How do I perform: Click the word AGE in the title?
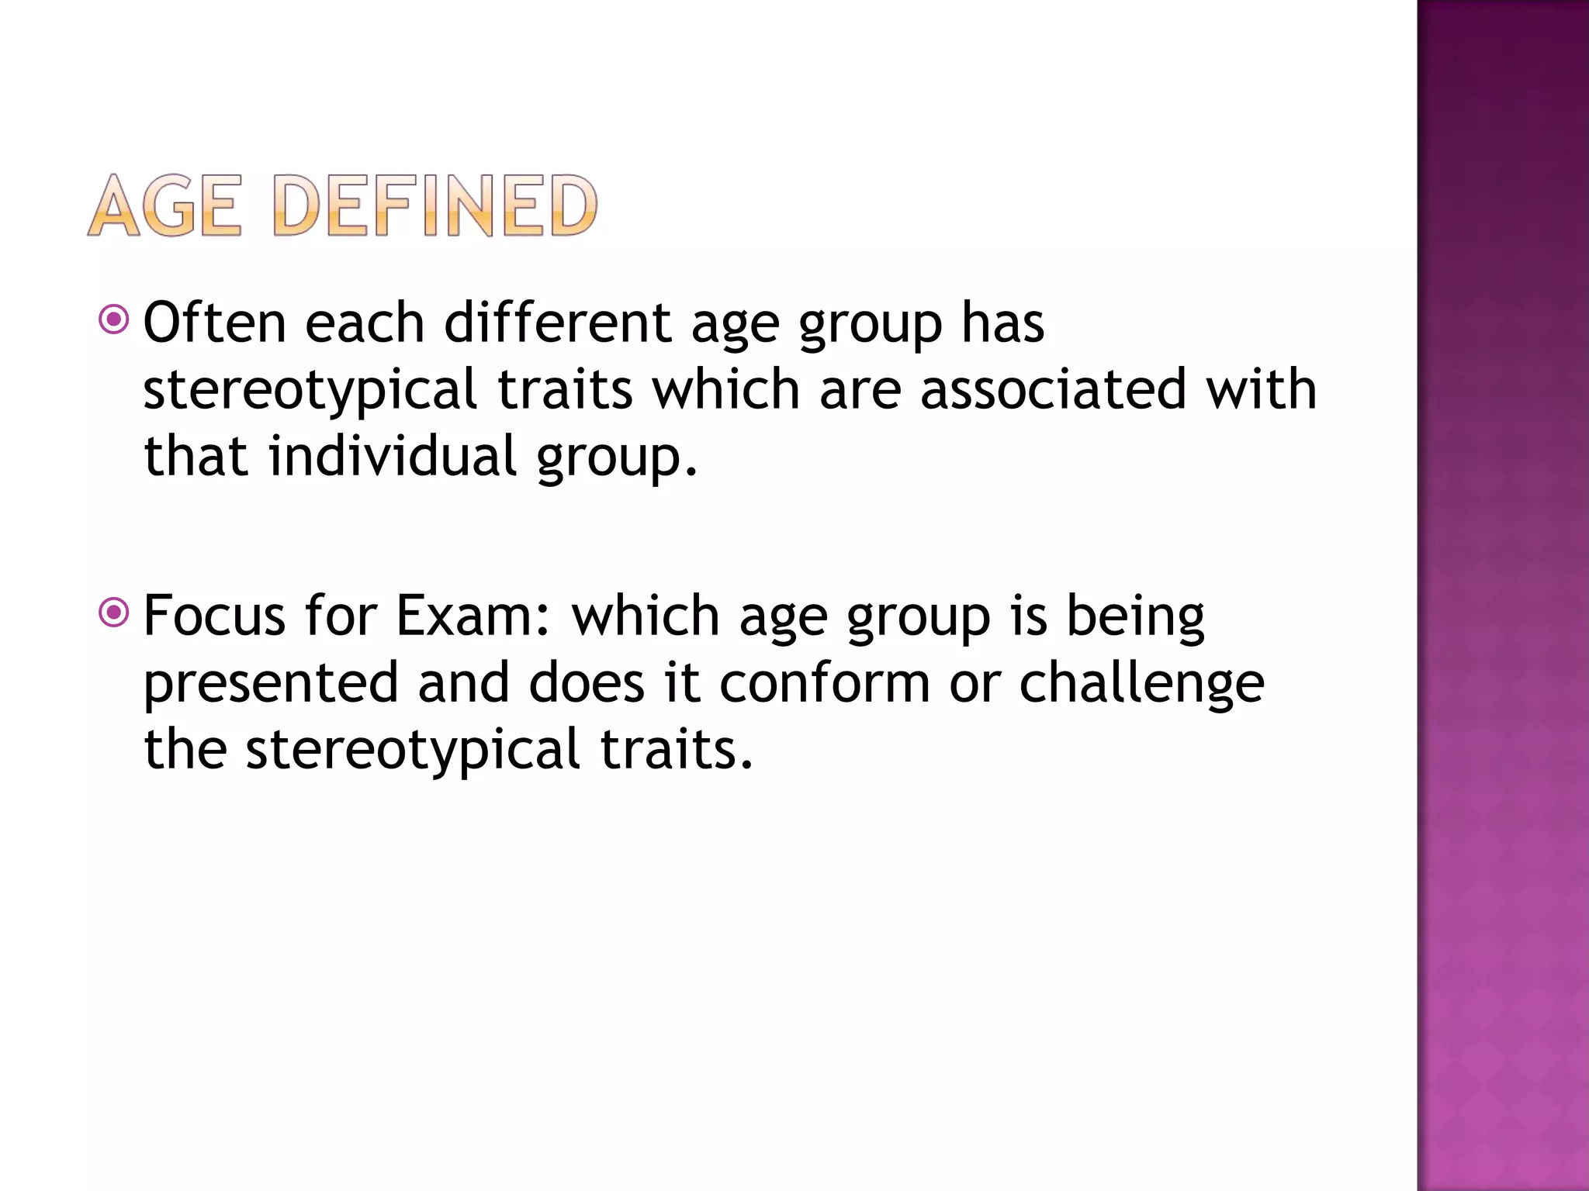tap(164, 205)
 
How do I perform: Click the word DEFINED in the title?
tap(435, 205)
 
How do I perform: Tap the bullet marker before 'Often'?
tap(114, 319)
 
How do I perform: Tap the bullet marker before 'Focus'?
tap(114, 613)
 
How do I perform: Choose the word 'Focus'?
tap(215, 616)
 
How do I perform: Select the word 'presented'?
tap(271, 684)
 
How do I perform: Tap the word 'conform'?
tap(824, 684)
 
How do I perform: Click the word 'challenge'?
tap(1141, 684)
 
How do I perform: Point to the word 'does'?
tap(587, 684)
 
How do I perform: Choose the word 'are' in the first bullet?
tap(860, 390)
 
